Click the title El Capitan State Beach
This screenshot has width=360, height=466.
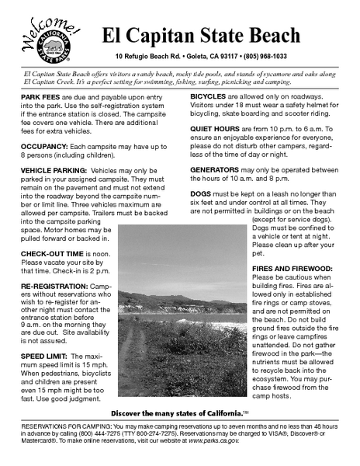point(200,36)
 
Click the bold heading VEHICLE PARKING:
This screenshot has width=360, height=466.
point(54,169)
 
